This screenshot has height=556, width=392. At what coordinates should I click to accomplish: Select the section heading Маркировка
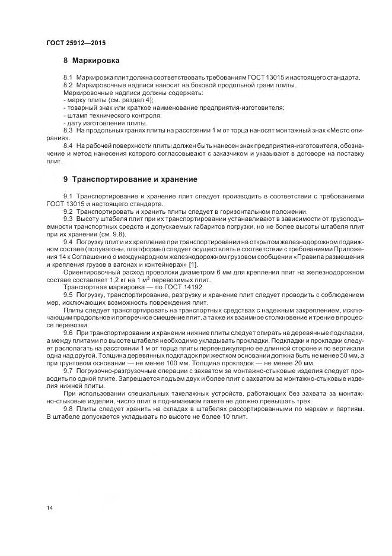click(x=95, y=61)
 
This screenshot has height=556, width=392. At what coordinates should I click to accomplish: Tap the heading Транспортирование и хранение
click(x=134, y=179)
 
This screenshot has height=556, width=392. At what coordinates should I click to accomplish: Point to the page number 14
click(x=49, y=507)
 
